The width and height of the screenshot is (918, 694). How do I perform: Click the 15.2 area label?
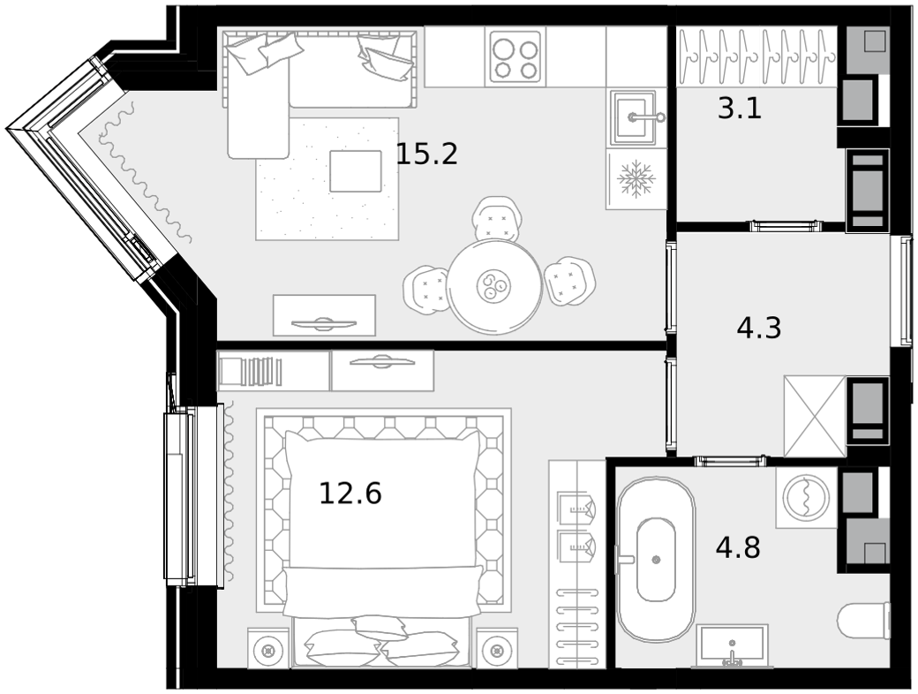coord(427,154)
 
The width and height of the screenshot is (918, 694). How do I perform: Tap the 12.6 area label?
coord(350,493)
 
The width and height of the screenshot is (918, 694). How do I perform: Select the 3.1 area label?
coord(740,109)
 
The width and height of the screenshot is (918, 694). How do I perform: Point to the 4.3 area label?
coord(759,328)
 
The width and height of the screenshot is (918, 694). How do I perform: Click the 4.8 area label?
coord(738,547)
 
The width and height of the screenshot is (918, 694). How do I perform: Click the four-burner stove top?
coord(515,57)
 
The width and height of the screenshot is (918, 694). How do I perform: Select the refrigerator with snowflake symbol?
coord(636,178)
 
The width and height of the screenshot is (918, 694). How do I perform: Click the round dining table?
coord(494,286)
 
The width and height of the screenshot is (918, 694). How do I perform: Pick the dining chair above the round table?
coord(496,218)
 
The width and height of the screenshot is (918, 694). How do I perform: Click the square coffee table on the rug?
coord(356,171)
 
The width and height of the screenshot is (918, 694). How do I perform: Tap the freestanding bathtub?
coord(656,560)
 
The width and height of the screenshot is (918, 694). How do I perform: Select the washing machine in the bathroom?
coord(806,498)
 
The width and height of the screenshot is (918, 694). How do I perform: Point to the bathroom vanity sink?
coord(732,646)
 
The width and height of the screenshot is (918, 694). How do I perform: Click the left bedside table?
coord(268,648)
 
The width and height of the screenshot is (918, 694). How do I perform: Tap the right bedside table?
coord(497,648)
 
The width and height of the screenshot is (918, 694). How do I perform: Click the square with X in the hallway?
coord(815,417)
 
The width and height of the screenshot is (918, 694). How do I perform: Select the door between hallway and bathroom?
coord(731,461)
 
